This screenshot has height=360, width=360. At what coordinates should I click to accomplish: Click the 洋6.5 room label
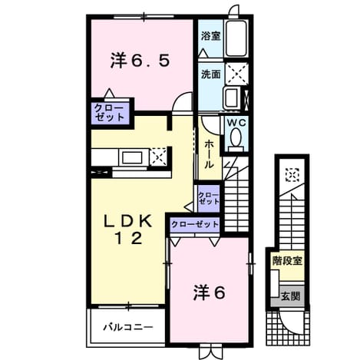pos(140,61)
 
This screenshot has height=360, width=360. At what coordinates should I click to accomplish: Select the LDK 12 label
pos(128,230)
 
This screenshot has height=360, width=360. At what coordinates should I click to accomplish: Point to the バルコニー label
pos(128,327)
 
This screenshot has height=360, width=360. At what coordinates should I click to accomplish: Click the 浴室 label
pos(210,36)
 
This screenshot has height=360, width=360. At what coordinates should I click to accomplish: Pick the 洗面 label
pos(210,74)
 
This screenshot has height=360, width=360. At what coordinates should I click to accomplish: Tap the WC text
pos(236,123)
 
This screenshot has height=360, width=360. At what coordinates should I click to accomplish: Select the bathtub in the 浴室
pos(236,38)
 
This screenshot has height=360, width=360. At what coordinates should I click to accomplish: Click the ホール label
pos(209,154)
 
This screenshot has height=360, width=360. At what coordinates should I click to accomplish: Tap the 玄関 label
pos(290,296)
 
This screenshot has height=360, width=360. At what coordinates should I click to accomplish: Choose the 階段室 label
pos(287,261)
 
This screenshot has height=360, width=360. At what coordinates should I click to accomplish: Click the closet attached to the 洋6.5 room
pos(111,113)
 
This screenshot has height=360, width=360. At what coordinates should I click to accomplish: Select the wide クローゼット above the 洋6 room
pos(195,225)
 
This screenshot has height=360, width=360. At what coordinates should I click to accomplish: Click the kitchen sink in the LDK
pos(132,157)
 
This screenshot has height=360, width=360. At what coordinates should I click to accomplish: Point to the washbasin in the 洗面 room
pos(233,97)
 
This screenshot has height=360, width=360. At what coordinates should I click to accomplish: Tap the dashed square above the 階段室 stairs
pos(292,175)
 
